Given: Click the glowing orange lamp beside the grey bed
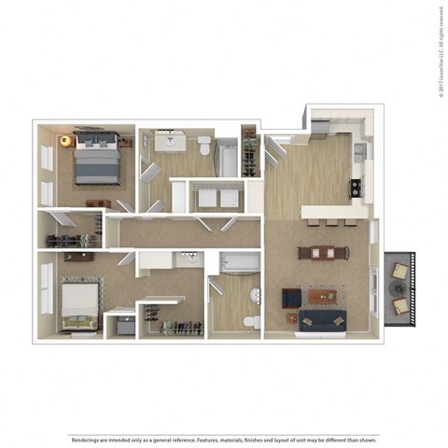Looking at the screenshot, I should click(x=65, y=141).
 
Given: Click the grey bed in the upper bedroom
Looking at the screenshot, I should click(x=96, y=160).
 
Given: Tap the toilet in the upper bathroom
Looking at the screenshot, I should click(x=203, y=146).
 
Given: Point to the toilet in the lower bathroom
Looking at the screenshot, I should click(x=250, y=322).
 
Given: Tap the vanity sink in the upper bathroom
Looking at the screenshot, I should click(x=170, y=142).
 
